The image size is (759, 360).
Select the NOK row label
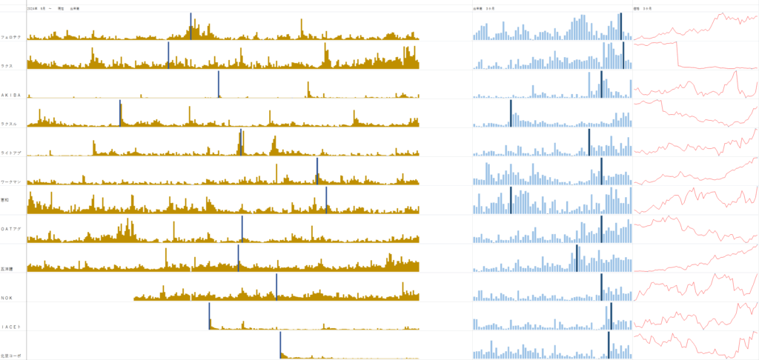point(7,298)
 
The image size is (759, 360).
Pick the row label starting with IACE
point(10,327)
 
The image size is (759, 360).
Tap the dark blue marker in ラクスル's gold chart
point(120,113)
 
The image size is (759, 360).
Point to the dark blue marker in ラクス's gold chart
point(168,56)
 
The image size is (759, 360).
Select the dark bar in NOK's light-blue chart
point(601,287)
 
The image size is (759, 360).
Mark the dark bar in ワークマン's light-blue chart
point(601,171)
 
